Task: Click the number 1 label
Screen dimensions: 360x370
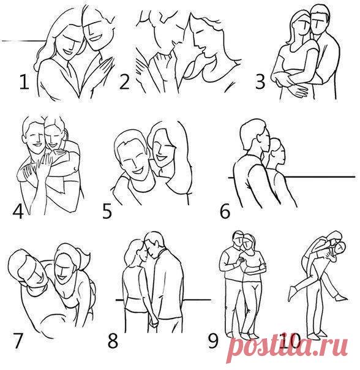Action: (x=24, y=81)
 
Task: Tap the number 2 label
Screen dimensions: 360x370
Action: (x=124, y=81)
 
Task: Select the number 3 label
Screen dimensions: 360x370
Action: (x=260, y=81)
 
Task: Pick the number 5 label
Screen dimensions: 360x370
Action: (x=107, y=211)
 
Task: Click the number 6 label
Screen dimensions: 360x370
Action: (x=225, y=211)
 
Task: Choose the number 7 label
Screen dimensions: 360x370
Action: (x=18, y=341)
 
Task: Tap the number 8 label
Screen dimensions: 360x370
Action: (x=113, y=341)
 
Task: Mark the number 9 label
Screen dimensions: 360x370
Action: (x=213, y=341)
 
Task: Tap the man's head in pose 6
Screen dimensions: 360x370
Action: (x=255, y=136)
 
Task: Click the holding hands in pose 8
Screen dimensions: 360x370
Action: (x=153, y=320)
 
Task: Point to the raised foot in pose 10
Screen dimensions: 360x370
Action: (x=291, y=293)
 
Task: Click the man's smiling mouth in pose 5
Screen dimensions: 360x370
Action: (x=137, y=170)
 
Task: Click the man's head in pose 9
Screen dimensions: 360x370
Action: (x=239, y=239)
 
